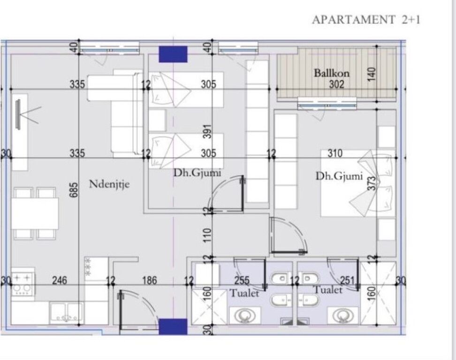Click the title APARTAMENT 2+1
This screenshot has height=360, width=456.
[x=366, y=20]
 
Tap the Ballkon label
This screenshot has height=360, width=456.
[x=332, y=73]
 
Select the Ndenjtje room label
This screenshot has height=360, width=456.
[x=109, y=184]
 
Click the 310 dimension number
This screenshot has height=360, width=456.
[x=335, y=153]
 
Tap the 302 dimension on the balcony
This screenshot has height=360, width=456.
[x=336, y=84]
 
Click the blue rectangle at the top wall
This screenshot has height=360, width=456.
[x=173, y=54]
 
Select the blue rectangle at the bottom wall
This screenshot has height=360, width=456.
[x=173, y=326]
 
